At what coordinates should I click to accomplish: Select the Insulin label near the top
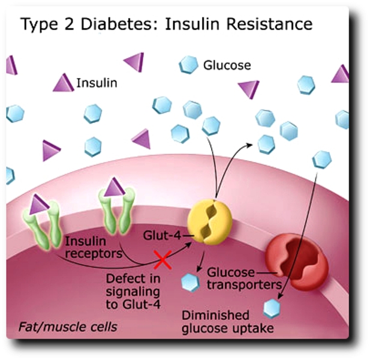pos(97,83)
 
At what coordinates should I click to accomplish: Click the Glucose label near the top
pos(227,64)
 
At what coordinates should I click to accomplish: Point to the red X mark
pos(161,261)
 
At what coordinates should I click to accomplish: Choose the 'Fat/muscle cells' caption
pos(68,328)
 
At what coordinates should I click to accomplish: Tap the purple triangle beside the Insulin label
pos(63,83)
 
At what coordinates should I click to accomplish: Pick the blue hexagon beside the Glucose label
pos(188,64)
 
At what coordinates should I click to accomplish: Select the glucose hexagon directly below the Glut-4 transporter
pos(191,281)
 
